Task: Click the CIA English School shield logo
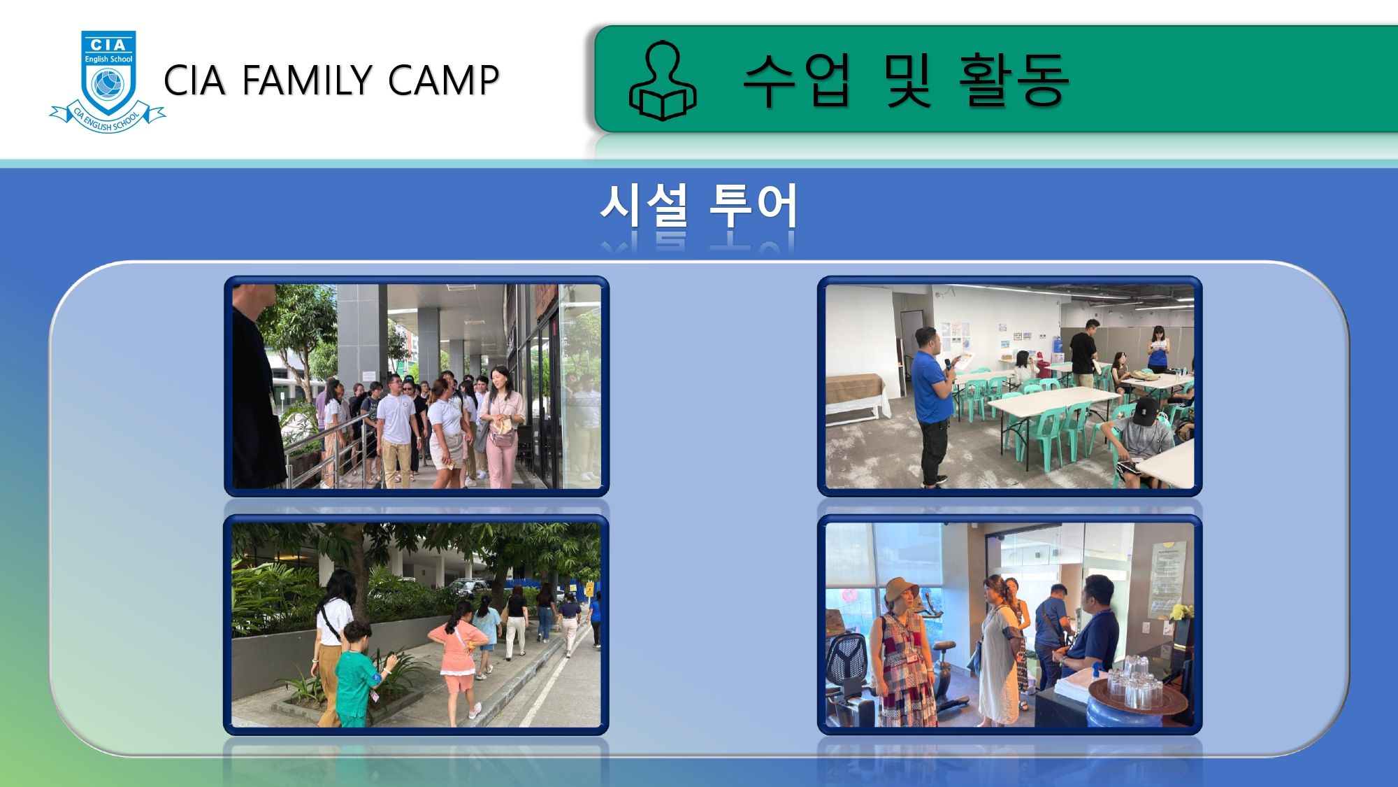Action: point(108,81)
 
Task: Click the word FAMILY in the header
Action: point(308,80)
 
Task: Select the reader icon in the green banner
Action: point(662,80)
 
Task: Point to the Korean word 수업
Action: point(797,80)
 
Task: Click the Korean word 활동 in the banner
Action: point(1014,80)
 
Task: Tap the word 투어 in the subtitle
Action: point(754,206)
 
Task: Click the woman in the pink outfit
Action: point(502,427)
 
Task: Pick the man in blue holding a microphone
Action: point(932,406)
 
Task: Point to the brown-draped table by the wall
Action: point(856,396)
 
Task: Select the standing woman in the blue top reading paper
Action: point(1158,350)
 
